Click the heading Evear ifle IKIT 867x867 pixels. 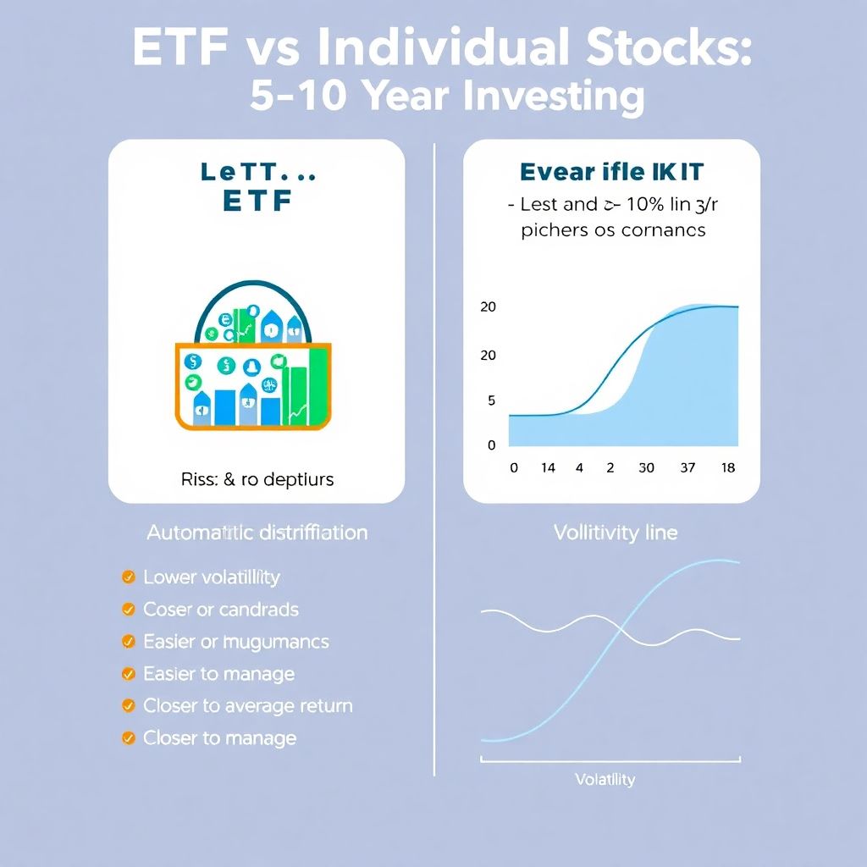[x=610, y=172]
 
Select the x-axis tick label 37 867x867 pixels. [x=687, y=468]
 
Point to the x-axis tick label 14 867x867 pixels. [x=548, y=468]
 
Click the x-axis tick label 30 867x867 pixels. [x=646, y=468]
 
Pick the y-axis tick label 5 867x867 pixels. [x=491, y=400]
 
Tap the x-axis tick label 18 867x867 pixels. [x=726, y=468]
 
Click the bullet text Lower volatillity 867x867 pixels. [x=211, y=577]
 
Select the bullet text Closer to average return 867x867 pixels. [x=247, y=705]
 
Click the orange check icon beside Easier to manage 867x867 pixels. [x=129, y=674]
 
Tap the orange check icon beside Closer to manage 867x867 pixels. [x=129, y=738]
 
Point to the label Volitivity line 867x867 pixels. [x=615, y=533]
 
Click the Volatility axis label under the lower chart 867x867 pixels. [x=605, y=779]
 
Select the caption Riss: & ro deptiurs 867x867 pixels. [x=257, y=479]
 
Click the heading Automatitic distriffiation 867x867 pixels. [x=257, y=533]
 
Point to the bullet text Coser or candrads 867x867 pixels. [x=220, y=610]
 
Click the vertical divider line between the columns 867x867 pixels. [x=434, y=457]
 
